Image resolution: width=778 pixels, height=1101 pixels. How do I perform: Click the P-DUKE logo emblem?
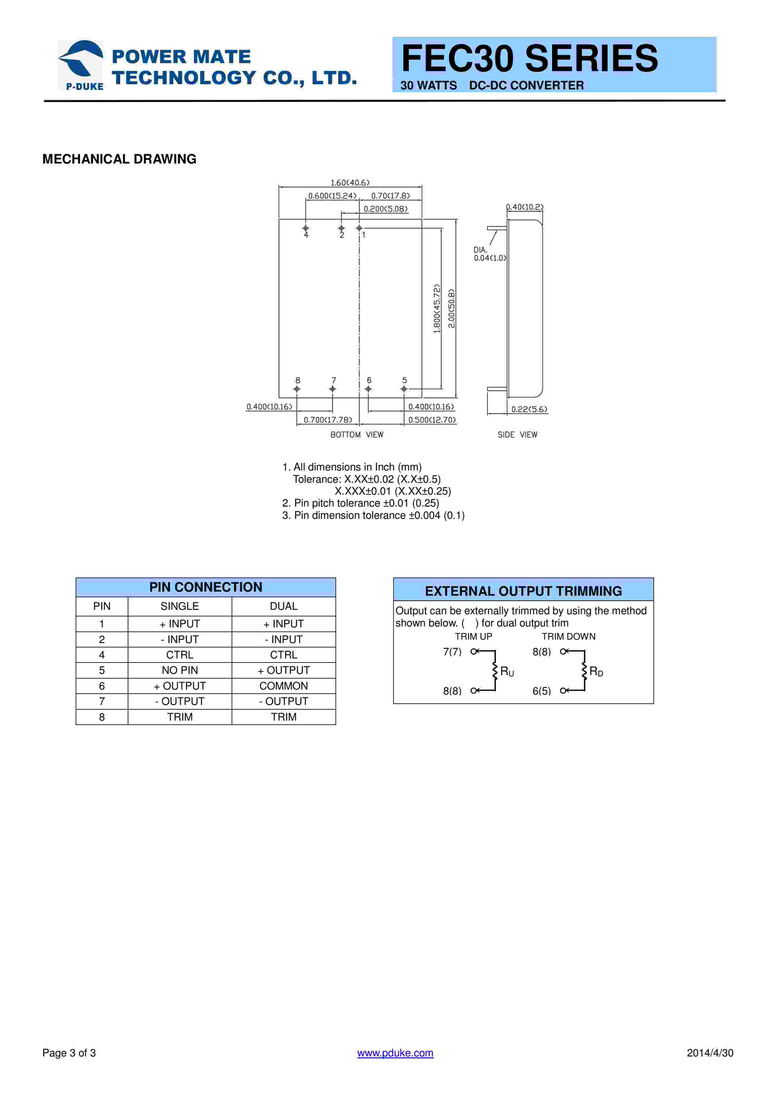81,64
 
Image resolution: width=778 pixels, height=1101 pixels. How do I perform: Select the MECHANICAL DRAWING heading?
119,159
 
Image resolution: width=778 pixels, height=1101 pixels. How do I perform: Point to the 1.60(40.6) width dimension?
350,183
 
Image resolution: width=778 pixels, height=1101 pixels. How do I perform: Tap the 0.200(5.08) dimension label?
385,209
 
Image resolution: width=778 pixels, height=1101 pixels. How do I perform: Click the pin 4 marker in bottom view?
306,228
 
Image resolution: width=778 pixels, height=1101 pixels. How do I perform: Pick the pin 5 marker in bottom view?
404,389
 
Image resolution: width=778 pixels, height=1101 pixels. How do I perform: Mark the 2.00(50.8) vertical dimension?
451,308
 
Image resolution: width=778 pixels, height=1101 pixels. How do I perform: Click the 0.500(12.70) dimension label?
432,420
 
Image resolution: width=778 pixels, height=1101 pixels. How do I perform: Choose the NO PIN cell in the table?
180,670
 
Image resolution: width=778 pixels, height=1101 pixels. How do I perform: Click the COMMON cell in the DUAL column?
283,686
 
